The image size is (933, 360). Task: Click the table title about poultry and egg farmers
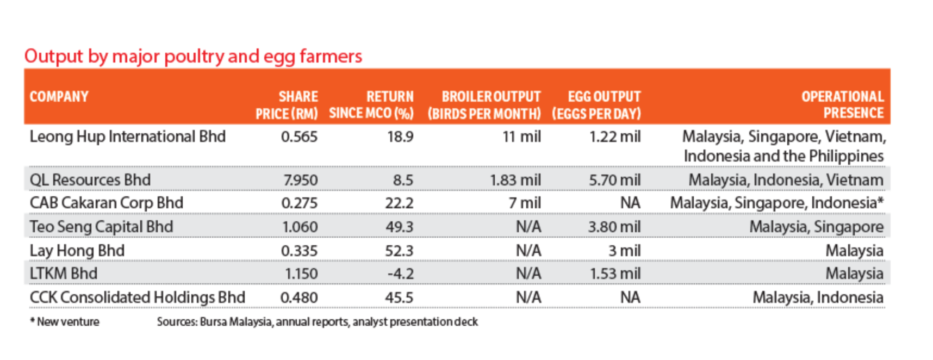click(193, 56)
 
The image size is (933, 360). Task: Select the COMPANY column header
click(59, 97)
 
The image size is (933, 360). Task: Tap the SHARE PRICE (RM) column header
click(287, 105)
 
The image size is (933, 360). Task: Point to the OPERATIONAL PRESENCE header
click(842, 105)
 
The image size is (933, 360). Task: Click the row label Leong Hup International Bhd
click(127, 136)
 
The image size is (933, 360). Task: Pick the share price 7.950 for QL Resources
click(300, 180)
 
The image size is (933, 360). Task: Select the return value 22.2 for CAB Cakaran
click(399, 203)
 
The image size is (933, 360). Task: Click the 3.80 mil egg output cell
click(614, 227)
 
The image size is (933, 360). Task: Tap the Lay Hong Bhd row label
click(77, 251)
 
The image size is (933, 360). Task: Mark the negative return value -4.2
click(400, 274)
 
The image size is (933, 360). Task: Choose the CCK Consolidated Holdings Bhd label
click(137, 297)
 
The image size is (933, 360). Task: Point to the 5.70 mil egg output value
click(614, 180)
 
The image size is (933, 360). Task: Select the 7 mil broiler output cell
click(524, 203)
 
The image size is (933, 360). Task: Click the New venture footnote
click(65, 322)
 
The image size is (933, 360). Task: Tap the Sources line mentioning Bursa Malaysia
click(317, 322)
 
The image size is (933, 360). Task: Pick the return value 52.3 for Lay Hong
click(399, 251)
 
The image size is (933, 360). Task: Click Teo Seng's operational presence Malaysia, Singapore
click(816, 227)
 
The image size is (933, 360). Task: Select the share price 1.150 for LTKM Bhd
click(301, 274)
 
